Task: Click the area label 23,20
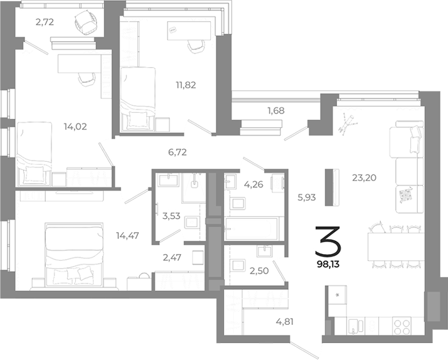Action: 365,177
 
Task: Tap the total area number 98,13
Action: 330,263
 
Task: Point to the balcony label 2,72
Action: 45,22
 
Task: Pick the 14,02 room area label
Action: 75,126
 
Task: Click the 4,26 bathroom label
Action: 253,184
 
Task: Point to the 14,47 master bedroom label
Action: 127,236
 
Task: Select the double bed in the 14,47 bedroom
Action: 73,255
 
